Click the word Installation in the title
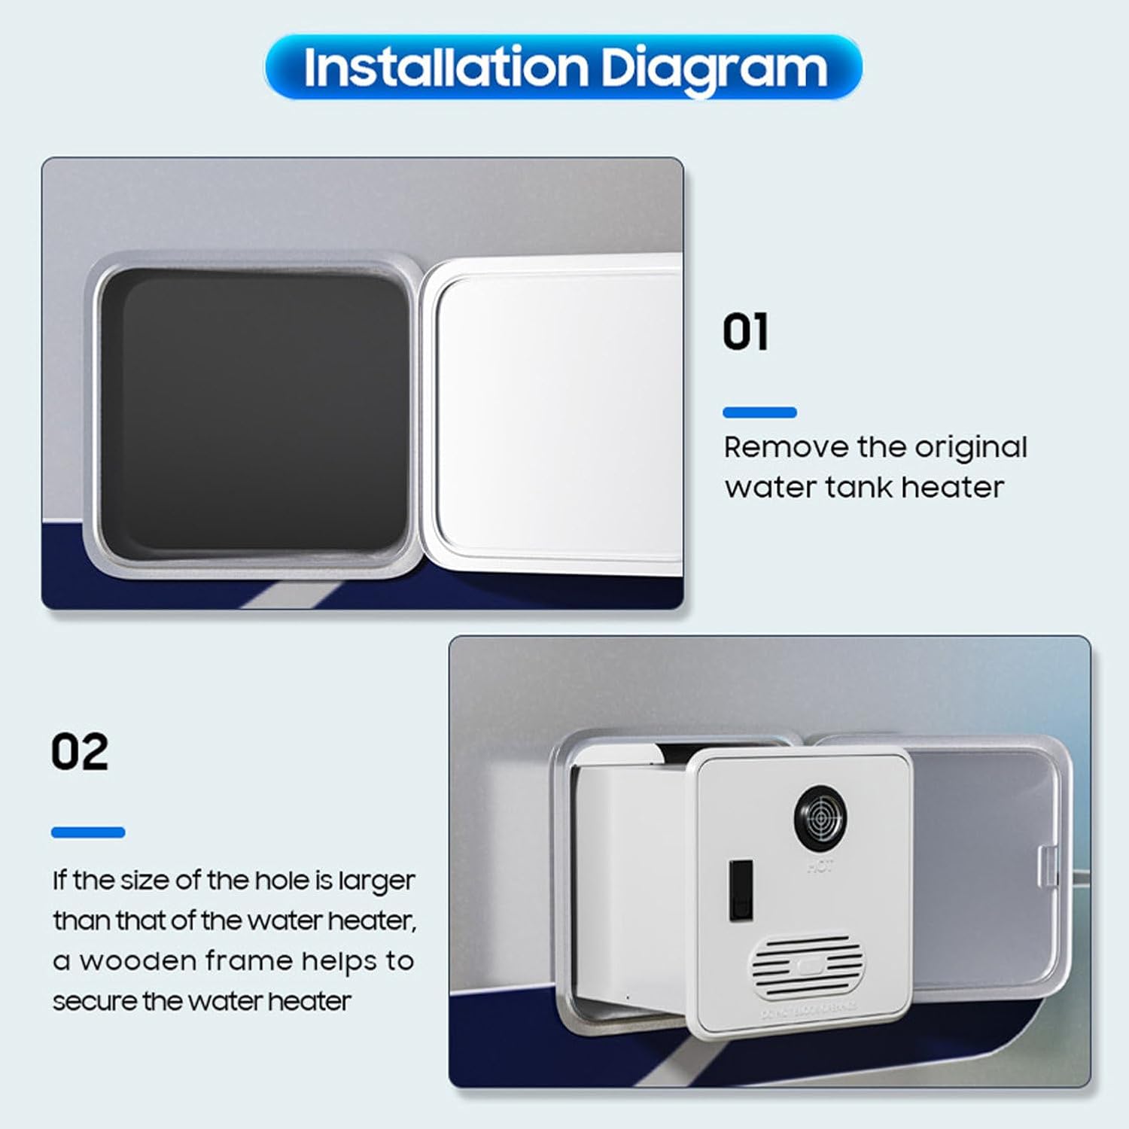[445, 68]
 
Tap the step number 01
[745, 332]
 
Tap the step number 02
[80, 751]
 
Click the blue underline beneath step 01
[759, 412]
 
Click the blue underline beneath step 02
[88, 832]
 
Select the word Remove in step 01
[786, 447]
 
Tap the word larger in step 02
[376, 881]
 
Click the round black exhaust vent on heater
[820, 815]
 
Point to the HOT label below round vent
[820, 867]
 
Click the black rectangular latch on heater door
[741, 890]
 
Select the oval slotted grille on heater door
[807, 966]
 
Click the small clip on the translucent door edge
[1048, 866]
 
